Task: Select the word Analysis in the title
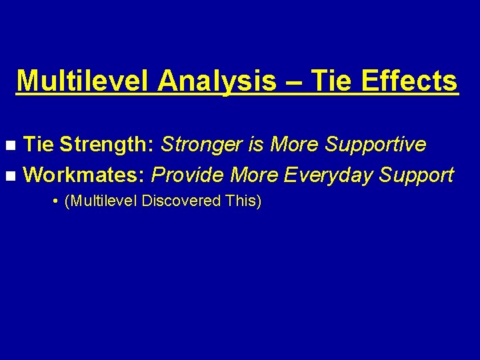pos(217,81)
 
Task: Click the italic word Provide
pos(187,175)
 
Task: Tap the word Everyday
pos(328,175)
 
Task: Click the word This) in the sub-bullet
pos(244,201)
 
